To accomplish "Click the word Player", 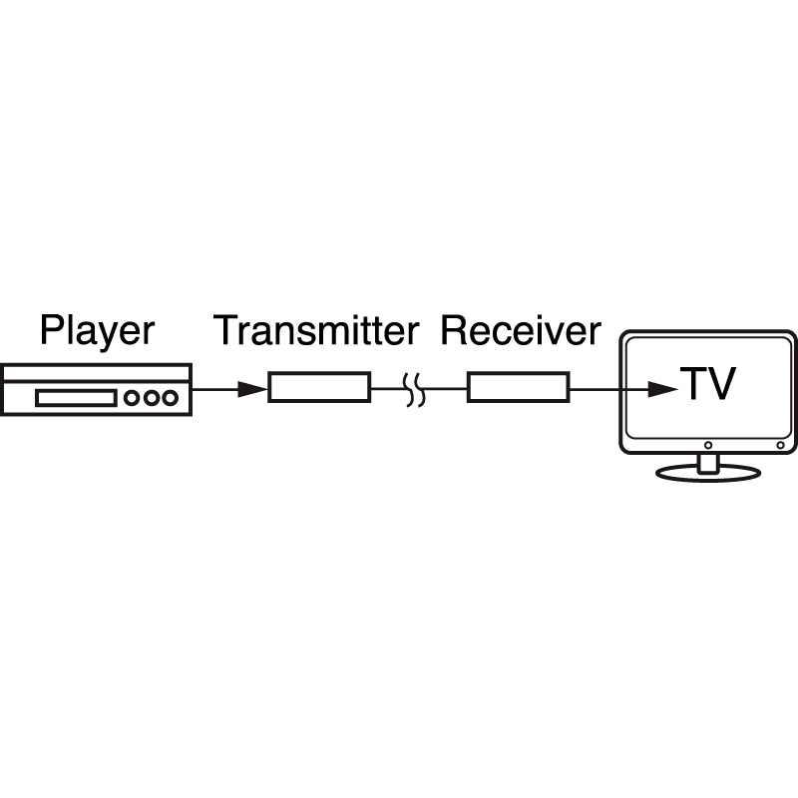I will point(97,330).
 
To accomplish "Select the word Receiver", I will point(521,330).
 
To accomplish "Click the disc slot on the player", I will point(76,398).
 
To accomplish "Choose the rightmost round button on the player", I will point(171,398).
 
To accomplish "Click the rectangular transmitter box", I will point(319,386).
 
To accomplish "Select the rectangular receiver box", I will point(519,386).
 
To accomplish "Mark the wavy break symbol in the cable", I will point(416,388).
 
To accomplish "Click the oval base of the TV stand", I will point(707,473).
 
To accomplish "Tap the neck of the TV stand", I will point(707,460).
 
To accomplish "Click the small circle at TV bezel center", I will point(707,444).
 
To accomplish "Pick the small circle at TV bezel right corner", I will point(780,444).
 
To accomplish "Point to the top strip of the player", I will point(96,371).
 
